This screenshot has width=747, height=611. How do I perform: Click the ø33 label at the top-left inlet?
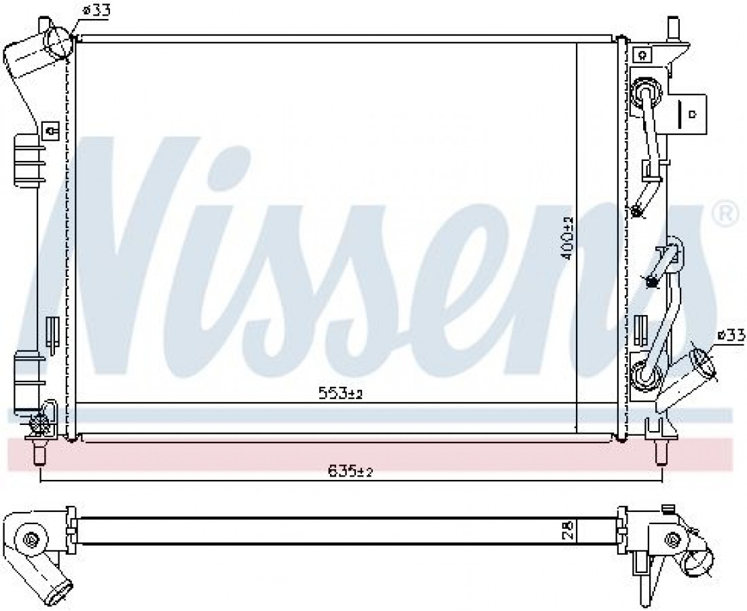coord(96,10)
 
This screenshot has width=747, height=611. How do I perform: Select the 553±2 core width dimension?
coord(340,393)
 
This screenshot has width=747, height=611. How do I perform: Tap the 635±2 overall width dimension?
coord(350,471)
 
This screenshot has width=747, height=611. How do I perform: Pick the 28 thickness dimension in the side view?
coord(567,530)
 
